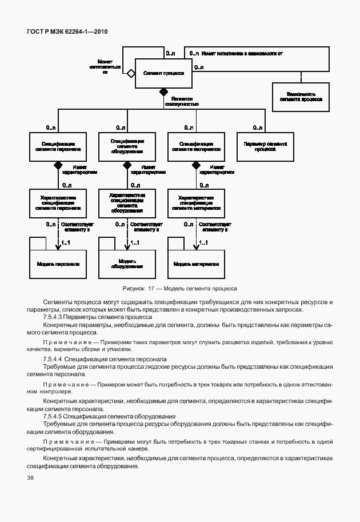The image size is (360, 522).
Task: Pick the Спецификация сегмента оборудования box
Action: coord(126,146)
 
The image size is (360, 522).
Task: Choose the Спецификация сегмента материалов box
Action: coord(197,146)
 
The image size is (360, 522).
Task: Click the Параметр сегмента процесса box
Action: coord(265,146)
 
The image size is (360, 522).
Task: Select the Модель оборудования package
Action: coord(126,265)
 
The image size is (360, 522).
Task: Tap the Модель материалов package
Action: coord(197,265)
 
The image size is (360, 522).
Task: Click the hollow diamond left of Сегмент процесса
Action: coord(131,73)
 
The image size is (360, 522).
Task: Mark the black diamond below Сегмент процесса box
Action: coord(163,91)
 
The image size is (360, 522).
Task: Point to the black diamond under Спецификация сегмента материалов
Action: coord(197,165)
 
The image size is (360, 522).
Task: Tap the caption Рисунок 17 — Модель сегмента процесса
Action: coord(179,289)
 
